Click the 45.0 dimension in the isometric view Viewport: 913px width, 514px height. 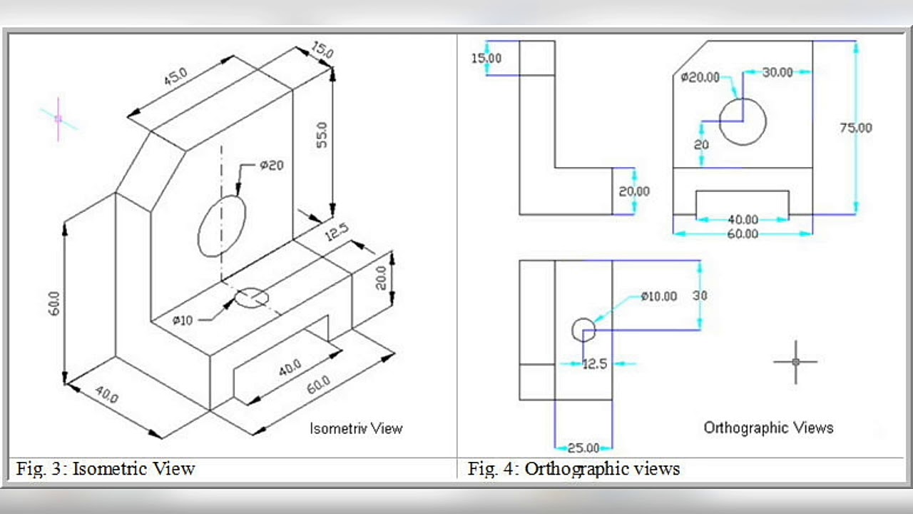[175, 76]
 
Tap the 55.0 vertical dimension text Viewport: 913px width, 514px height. [322, 135]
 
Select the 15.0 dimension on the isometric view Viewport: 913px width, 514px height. [322, 50]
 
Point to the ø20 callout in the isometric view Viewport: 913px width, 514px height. [272, 165]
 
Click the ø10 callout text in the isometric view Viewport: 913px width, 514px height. [182, 321]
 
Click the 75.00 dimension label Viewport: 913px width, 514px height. [856, 128]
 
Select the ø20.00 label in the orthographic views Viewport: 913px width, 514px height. [700, 77]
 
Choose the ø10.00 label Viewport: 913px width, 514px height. [658, 296]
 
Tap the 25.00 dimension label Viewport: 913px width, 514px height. [583, 448]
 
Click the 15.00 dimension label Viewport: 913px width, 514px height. [486, 59]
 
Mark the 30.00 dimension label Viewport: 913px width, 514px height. [777, 73]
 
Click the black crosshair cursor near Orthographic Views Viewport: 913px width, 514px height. [795, 362]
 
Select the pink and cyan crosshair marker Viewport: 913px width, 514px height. [58, 119]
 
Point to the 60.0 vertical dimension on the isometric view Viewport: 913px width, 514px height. [53, 303]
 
